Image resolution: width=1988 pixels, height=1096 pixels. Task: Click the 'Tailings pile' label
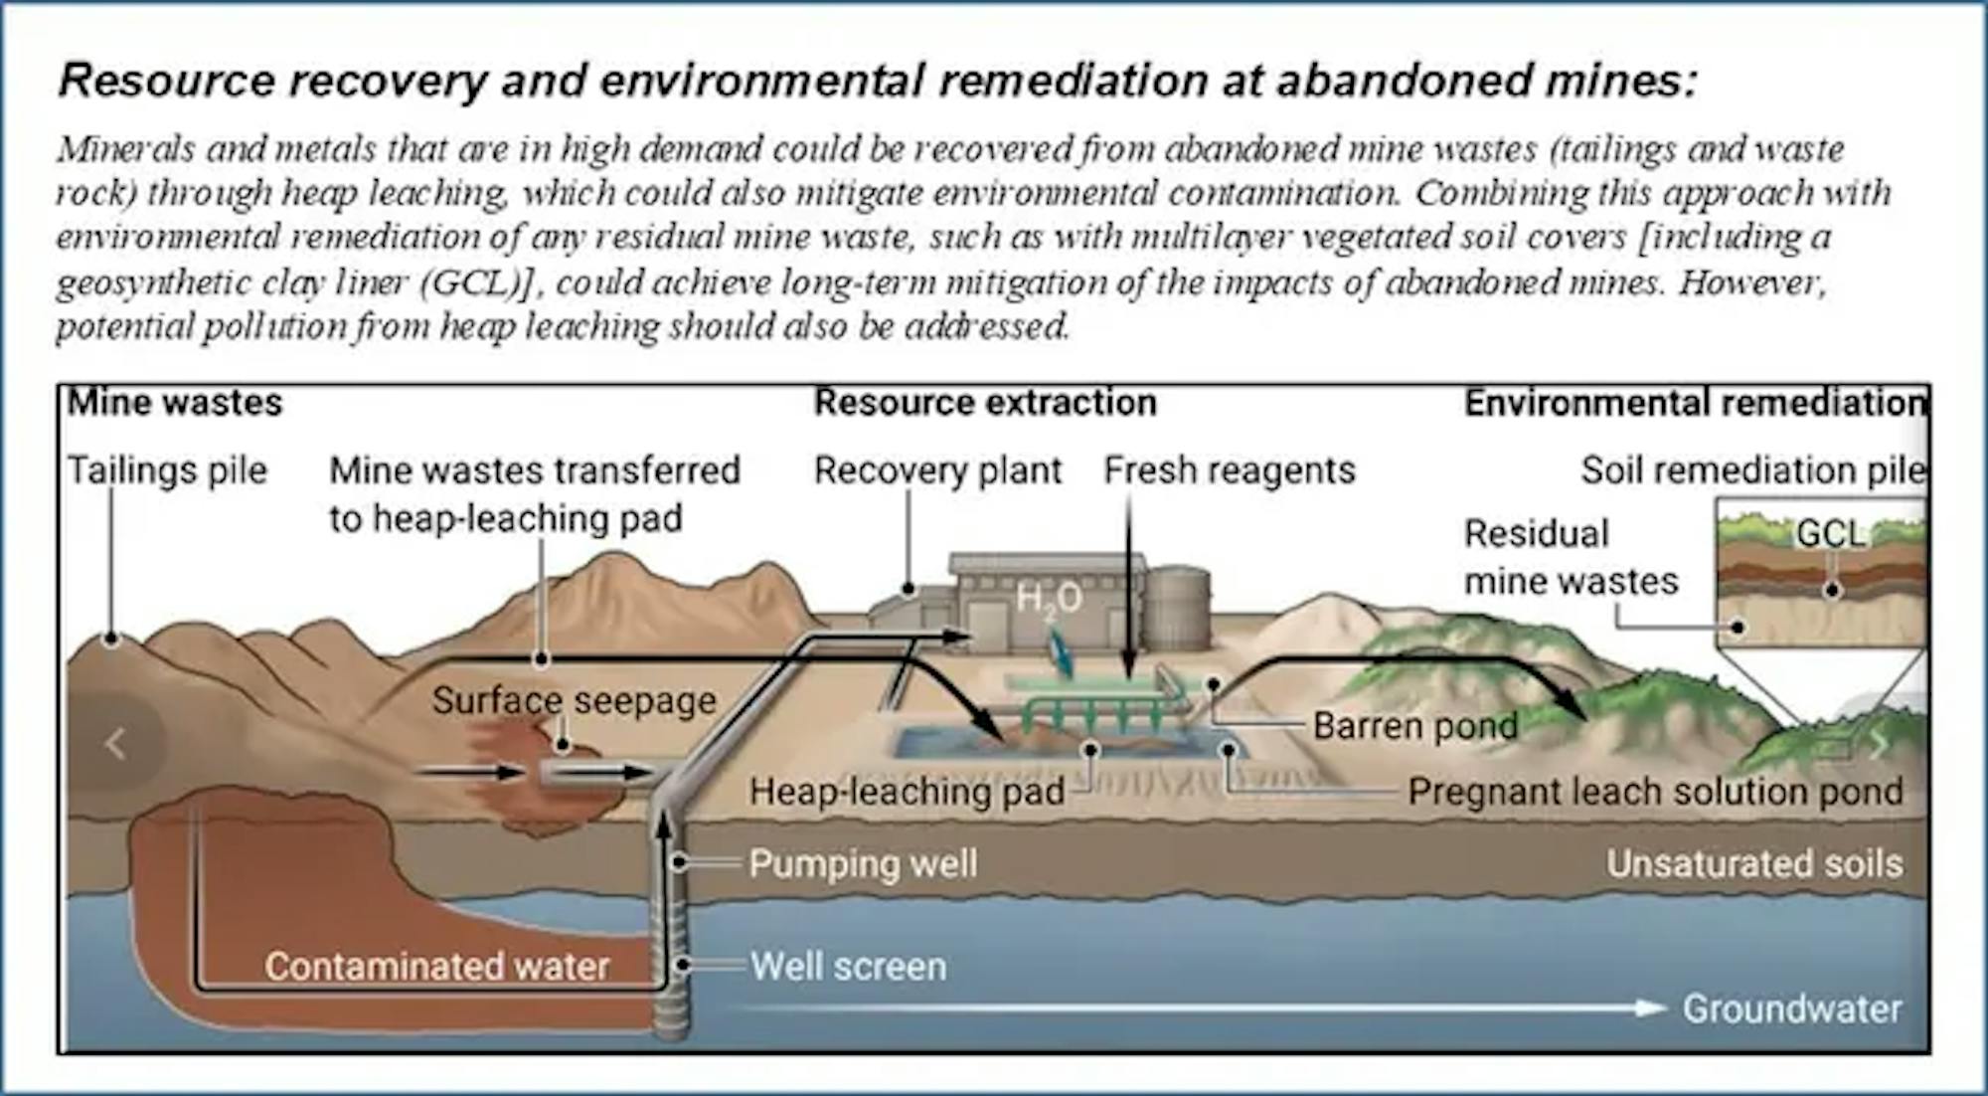(x=167, y=470)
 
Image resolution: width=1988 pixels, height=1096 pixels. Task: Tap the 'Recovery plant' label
(x=937, y=470)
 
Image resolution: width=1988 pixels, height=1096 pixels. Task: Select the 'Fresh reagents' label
(x=1230, y=470)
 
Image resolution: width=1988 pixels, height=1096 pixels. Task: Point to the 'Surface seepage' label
(x=574, y=701)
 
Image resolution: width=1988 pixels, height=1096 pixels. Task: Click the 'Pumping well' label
(x=863, y=863)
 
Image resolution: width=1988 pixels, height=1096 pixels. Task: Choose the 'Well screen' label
(x=848, y=967)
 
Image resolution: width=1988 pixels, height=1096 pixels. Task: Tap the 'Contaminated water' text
(x=436, y=967)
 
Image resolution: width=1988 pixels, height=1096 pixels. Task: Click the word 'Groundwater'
(x=1792, y=1008)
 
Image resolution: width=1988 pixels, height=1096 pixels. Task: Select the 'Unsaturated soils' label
(x=1754, y=863)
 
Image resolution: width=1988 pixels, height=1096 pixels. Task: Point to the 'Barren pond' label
(x=1414, y=726)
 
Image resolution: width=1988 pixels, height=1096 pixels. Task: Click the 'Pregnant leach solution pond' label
(x=1655, y=792)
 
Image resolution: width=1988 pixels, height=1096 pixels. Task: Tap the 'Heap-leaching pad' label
(x=907, y=792)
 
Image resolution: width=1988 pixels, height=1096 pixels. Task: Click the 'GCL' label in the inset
(x=1830, y=534)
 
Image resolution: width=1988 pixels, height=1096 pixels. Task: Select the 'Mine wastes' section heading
(x=175, y=403)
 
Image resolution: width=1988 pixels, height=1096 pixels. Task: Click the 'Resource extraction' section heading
(x=985, y=403)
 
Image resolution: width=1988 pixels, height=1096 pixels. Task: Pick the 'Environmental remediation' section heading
(x=1695, y=403)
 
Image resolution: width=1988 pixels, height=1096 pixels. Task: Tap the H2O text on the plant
(x=1049, y=599)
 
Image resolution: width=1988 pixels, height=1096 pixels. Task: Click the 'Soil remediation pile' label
(x=1752, y=470)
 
